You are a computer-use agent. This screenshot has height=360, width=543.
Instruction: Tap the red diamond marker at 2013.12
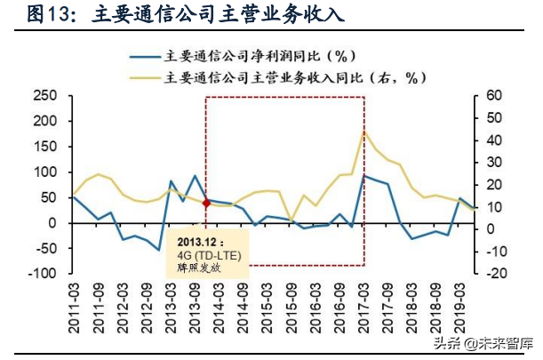(207, 203)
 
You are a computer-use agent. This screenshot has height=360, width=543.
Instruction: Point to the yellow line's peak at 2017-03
(364, 132)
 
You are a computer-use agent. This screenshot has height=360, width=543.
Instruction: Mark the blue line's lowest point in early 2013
(158, 250)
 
